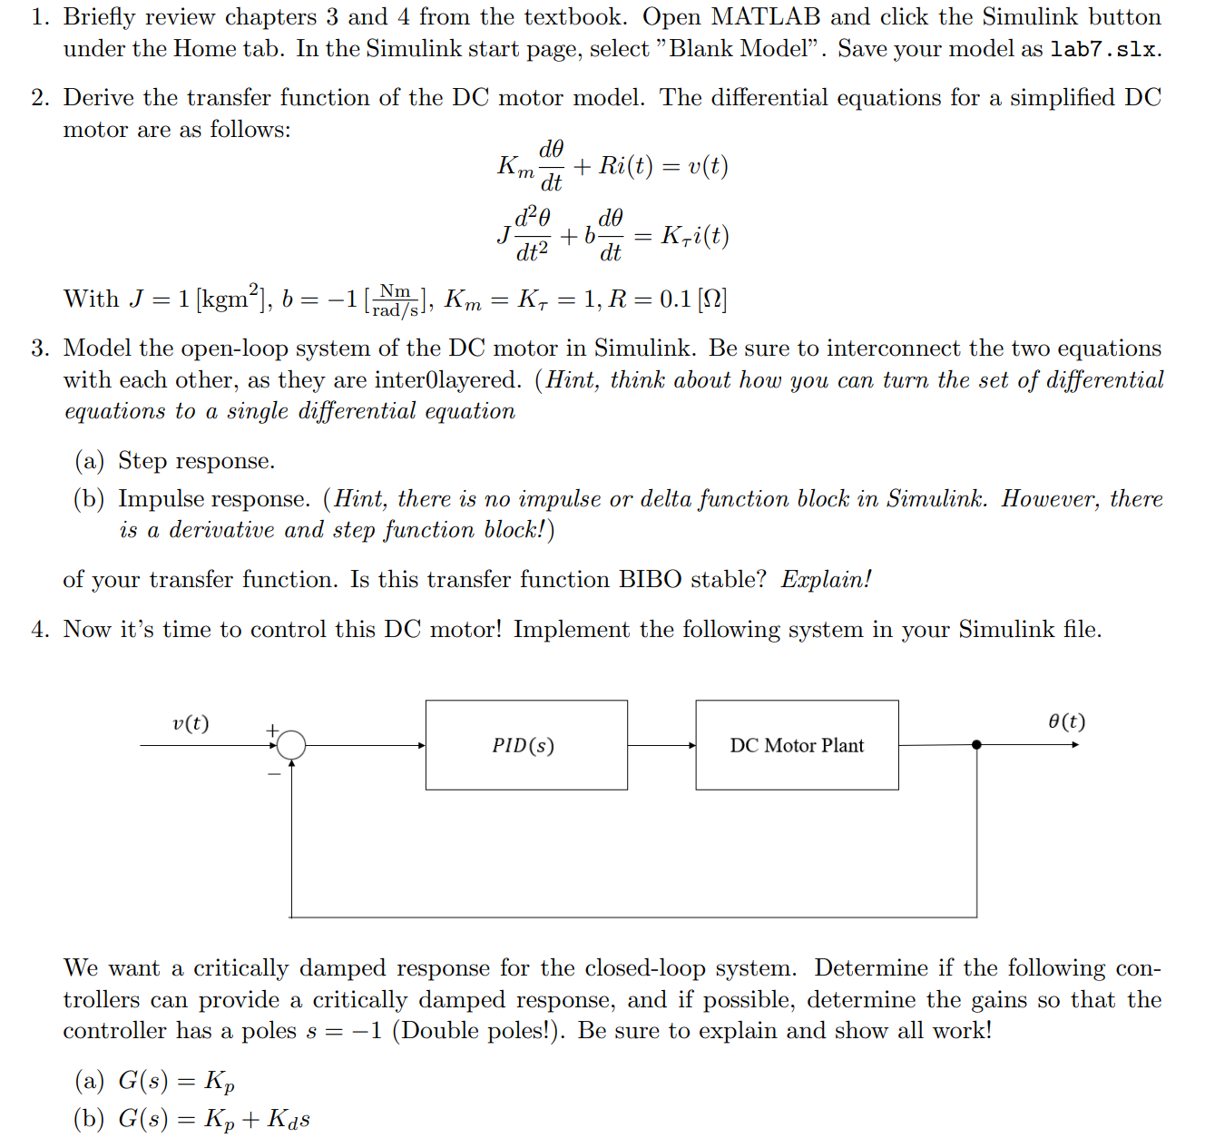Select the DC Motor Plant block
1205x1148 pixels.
click(797, 745)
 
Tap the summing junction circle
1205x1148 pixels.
click(291, 745)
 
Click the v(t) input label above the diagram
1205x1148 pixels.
click(191, 723)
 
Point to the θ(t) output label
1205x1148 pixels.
click(1066, 721)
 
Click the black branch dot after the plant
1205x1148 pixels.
click(976, 745)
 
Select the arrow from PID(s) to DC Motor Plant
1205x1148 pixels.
click(661, 745)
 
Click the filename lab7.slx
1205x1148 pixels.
click(1103, 49)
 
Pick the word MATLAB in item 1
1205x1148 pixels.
click(766, 17)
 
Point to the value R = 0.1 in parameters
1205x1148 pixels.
click(650, 299)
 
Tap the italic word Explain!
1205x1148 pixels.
click(826, 580)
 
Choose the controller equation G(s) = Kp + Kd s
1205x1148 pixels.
click(214, 1119)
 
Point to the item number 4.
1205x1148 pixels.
click(40, 630)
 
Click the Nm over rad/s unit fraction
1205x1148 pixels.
click(396, 299)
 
